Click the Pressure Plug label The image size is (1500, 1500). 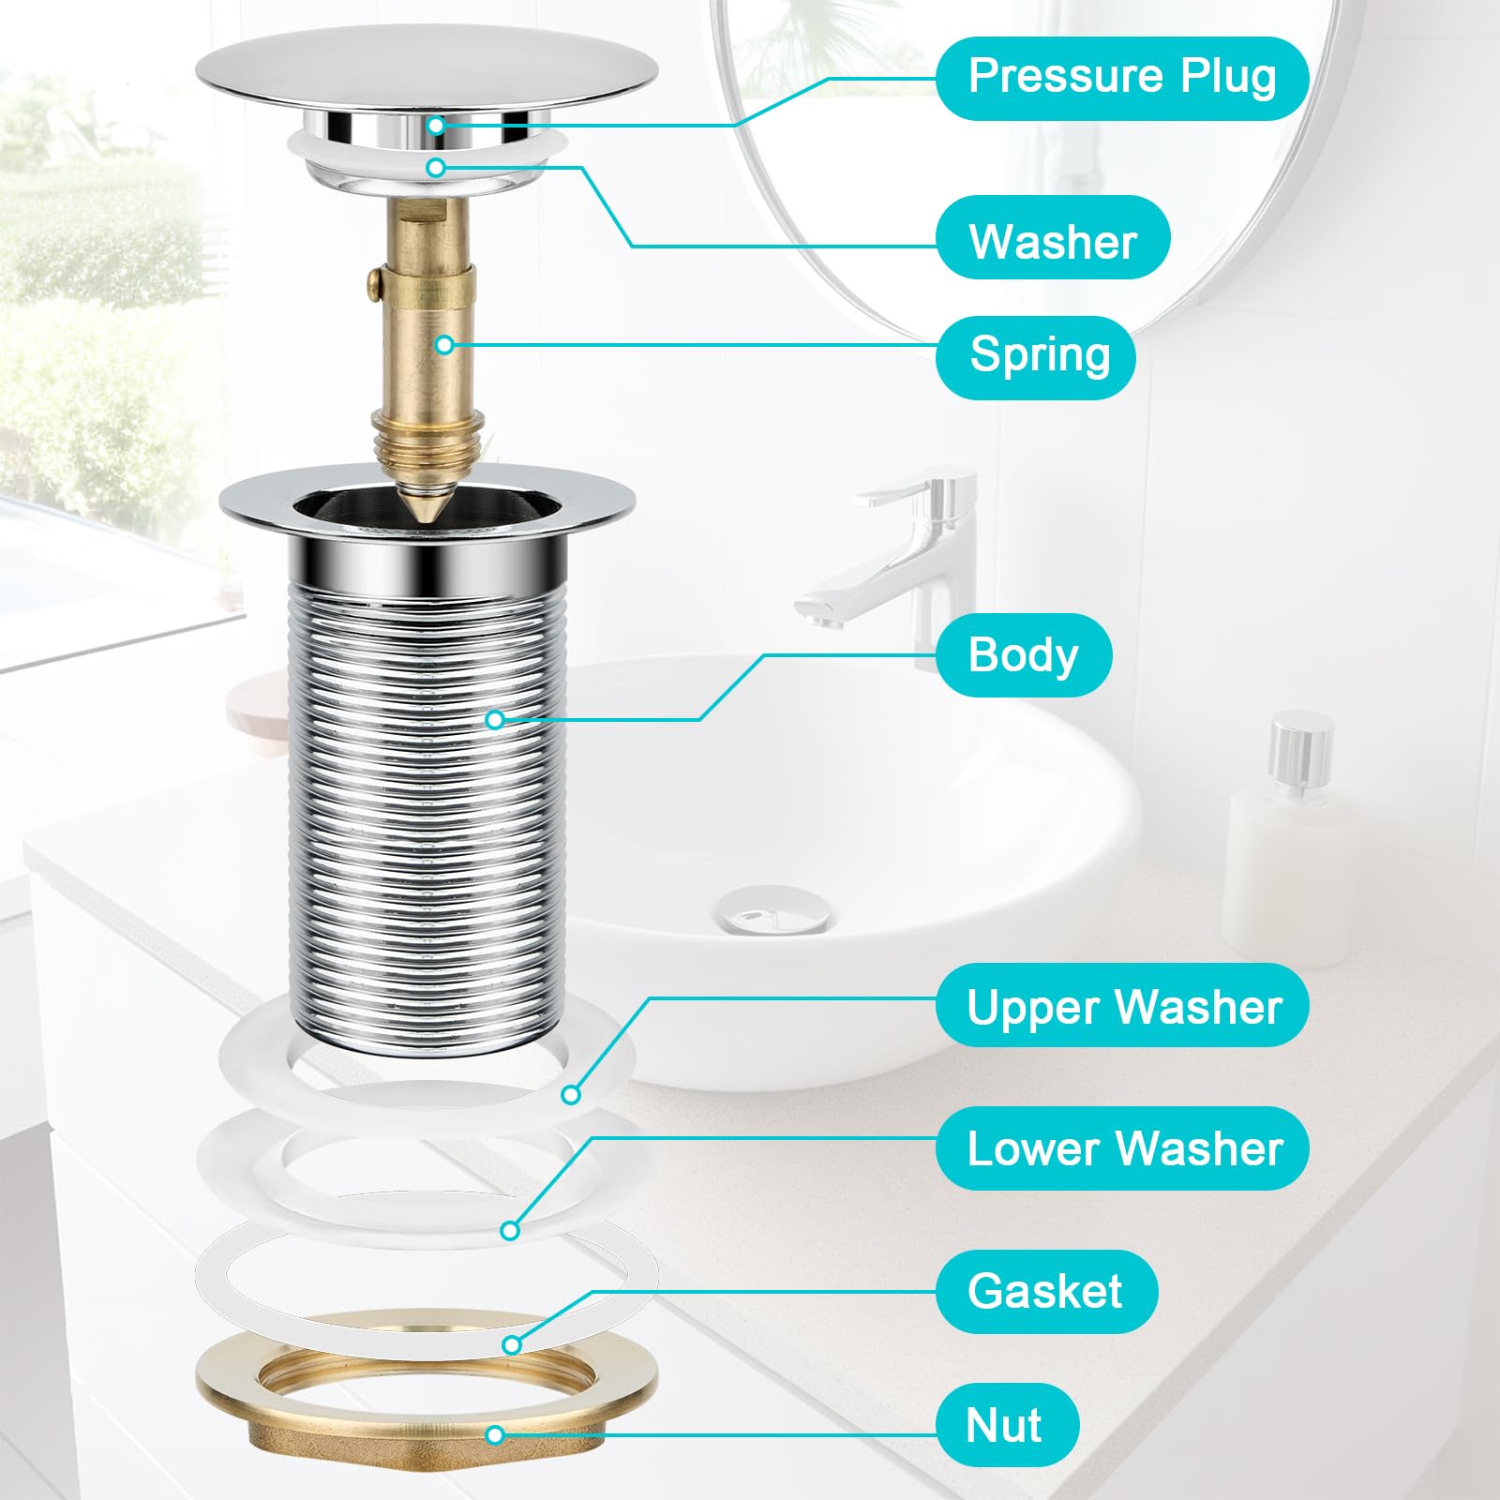(1121, 78)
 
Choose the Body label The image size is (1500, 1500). (1023, 654)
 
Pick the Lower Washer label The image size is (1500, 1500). (1121, 1148)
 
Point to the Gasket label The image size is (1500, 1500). (1045, 1291)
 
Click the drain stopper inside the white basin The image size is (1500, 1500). (774, 907)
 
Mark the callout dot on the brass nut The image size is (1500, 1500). (495, 1434)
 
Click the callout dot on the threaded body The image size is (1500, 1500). (495, 719)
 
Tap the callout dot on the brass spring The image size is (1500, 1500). (445, 345)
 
